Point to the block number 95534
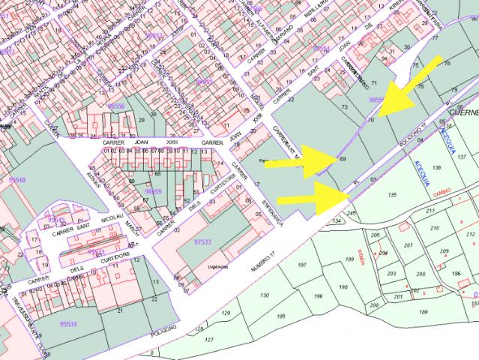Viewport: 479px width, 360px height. coord(68,324)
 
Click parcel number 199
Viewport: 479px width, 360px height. coord(349,259)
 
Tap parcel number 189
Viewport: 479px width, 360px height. coord(423,312)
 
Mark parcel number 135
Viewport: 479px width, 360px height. coord(391,195)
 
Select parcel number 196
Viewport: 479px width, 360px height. coord(318,297)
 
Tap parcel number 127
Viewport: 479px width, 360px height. coord(209,340)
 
